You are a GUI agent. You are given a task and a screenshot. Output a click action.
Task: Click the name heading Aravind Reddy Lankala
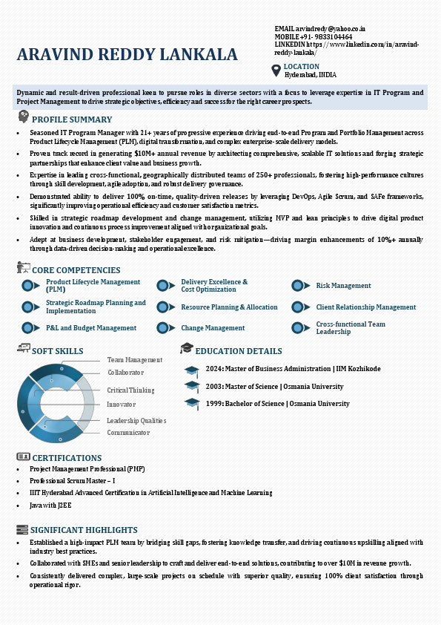(127, 54)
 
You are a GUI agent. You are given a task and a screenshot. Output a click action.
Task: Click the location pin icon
(276, 70)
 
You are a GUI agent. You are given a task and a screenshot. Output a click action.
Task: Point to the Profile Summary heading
(72, 120)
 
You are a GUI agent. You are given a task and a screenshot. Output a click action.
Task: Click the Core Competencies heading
(76, 270)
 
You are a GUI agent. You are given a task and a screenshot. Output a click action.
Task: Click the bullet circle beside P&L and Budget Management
(28, 327)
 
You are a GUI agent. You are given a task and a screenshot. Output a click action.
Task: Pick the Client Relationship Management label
(365, 307)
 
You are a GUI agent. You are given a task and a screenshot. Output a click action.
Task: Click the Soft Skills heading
(58, 351)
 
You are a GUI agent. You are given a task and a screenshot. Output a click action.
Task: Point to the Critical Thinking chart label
(130, 390)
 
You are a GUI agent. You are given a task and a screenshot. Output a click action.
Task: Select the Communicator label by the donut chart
(128, 433)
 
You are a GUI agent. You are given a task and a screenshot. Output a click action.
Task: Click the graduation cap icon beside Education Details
(187, 348)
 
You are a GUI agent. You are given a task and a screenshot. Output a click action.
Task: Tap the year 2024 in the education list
(214, 369)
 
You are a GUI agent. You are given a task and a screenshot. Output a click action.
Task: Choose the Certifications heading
(67, 458)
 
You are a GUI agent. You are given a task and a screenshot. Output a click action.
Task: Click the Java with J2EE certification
(50, 505)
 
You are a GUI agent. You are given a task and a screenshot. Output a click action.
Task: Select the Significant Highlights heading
(84, 530)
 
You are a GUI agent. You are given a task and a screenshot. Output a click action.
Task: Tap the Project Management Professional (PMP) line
(87, 469)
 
